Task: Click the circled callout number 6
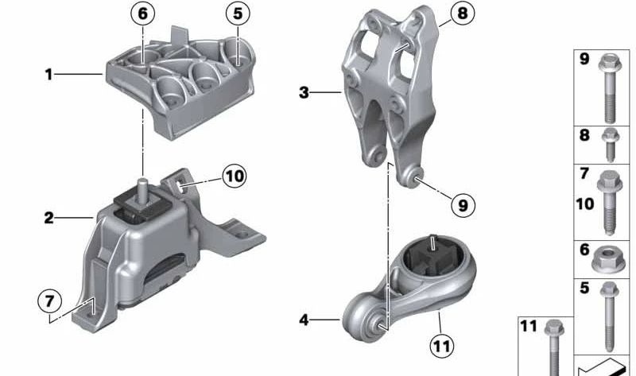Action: pos(143,14)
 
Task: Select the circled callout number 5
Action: pos(238,14)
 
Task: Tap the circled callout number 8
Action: pos(463,14)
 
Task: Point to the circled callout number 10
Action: pos(235,176)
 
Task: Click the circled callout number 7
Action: pos(49,301)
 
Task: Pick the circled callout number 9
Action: pos(463,205)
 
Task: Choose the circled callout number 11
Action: pos(442,346)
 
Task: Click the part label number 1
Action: pos(48,74)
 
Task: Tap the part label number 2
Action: pos(48,218)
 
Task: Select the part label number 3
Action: pos(304,92)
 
